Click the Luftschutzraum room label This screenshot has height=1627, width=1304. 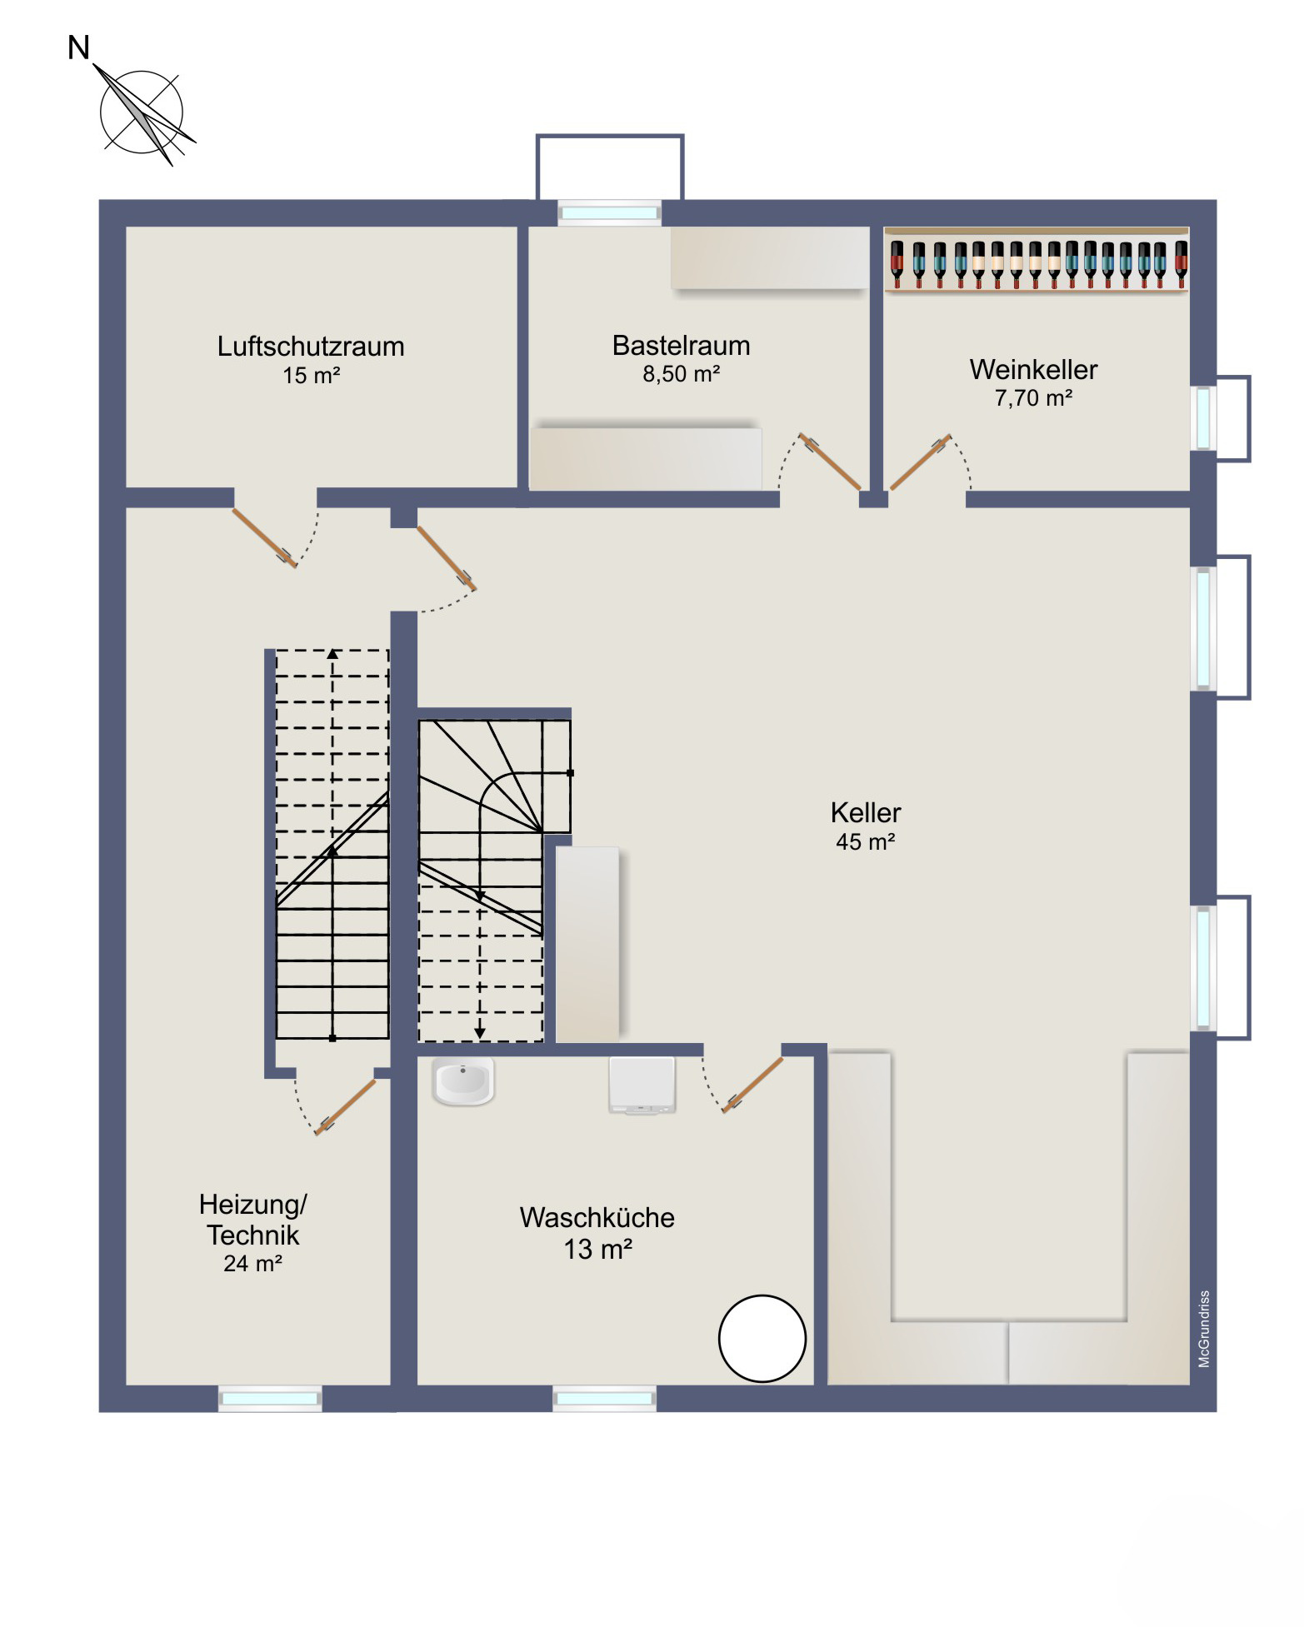click(x=311, y=347)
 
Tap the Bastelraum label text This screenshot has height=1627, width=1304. click(x=682, y=346)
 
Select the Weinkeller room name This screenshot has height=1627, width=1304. click(x=1033, y=370)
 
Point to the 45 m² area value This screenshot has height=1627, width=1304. click(x=866, y=842)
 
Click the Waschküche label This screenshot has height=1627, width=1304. click(x=597, y=1218)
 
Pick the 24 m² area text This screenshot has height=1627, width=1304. click(x=253, y=1264)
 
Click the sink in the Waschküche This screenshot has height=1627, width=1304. click(x=463, y=1081)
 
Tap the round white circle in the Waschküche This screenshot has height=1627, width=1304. click(x=762, y=1339)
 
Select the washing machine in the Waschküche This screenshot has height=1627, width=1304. click(x=642, y=1085)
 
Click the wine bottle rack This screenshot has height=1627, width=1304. click(x=1037, y=259)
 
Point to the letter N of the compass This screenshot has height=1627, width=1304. click(x=78, y=48)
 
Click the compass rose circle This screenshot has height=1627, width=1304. click(x=142, y=112)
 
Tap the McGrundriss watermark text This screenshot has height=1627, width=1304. click(x=1204, y=1330)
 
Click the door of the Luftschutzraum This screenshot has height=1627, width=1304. click(x=264, y=538)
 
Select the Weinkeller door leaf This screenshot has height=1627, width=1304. click(x=921, y=462)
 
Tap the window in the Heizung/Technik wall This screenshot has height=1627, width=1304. click(x=270, y=1399)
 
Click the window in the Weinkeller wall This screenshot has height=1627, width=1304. click(x=1203, y=417)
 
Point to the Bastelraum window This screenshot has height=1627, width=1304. click(x=609, y=213)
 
